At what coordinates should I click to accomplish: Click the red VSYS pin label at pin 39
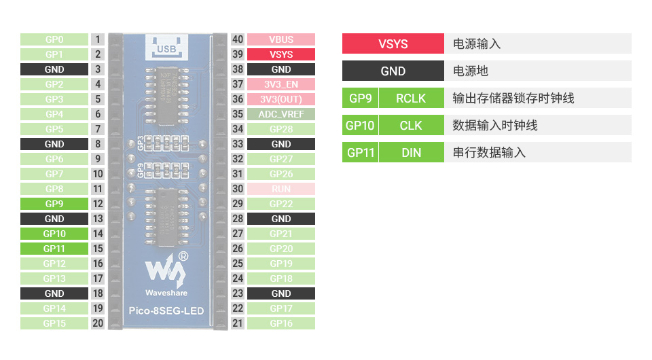click(280, 54)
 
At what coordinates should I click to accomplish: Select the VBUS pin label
click(280, 39)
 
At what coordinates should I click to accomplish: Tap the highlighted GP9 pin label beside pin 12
click(54, 204)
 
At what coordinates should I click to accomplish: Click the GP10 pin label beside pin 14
click(54, 234)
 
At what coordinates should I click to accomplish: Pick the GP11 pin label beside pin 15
click(54, 249)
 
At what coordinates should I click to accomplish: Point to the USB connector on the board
click(166, 47)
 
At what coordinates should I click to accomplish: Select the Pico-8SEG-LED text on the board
click(166, 312)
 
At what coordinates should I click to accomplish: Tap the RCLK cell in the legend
click(411, 98)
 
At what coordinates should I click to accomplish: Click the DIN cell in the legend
click(411, 153)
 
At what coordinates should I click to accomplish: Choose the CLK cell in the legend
click(411, 126)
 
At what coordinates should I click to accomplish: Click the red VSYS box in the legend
click(393, 44)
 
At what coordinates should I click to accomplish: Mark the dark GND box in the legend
click(393, 71)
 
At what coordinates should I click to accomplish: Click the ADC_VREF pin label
click(280, 114)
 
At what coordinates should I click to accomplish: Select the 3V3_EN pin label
click(280, 84)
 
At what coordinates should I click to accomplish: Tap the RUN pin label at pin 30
click(280, 189)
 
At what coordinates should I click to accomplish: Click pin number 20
click(98, 323)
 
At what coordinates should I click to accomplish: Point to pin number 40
click(238, 39)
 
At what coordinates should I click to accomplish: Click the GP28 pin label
click(280, 129)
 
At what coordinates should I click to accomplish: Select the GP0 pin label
click(54, 39)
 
